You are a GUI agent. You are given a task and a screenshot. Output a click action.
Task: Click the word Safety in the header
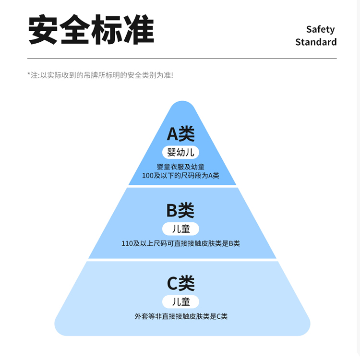[320, 29]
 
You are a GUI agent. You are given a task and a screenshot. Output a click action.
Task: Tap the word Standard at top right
[316, 42]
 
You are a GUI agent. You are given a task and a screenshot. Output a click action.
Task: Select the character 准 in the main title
[138, 31]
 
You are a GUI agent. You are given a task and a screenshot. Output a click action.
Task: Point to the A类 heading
[180, 134]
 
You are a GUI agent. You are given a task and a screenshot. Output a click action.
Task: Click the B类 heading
[180, 210]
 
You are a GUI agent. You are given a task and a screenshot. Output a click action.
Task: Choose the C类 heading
[180, 283]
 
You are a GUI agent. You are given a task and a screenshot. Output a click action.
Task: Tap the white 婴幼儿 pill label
[180, 153]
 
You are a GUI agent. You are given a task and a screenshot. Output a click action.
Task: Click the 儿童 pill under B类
[180, 229]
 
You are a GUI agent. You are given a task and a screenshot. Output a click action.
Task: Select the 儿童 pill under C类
[180, 301]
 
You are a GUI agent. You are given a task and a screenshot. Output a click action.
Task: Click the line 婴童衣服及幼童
[180, 167]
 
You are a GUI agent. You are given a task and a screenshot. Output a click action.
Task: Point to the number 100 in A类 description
[147, 176]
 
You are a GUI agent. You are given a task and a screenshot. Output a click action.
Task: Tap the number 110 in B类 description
[127, 243]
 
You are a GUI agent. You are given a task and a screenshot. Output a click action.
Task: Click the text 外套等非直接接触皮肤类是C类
[180, 316]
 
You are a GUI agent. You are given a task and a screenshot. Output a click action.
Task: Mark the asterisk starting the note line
[29, 74]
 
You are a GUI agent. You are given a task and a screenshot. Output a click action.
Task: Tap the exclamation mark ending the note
[171, 75]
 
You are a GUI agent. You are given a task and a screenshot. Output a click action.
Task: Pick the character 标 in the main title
[107, 31]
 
